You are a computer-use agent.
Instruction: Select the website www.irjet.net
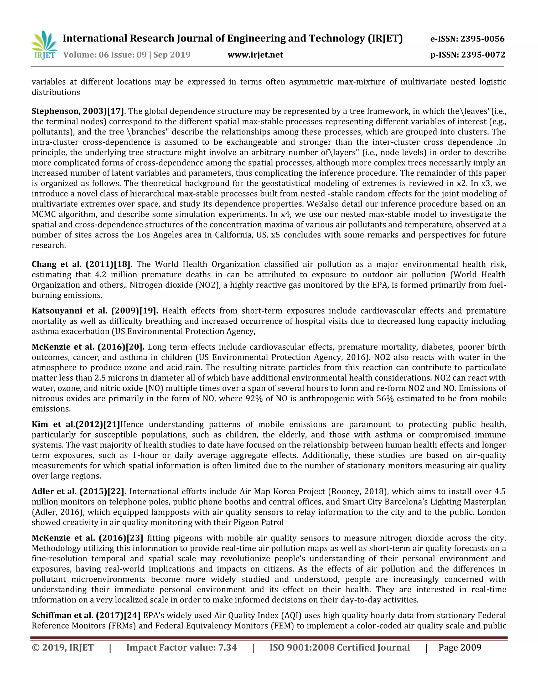[x=255, y=55]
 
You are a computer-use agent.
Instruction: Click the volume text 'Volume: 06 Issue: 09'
[x=105, y=55]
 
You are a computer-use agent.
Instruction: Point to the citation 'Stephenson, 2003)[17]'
[x=78, y=111]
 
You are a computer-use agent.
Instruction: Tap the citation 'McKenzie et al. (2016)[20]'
[x=88, y=347]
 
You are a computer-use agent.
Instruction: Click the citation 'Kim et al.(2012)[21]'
[x=76, y=424]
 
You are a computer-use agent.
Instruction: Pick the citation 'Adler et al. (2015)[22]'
[x=79, y=491]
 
